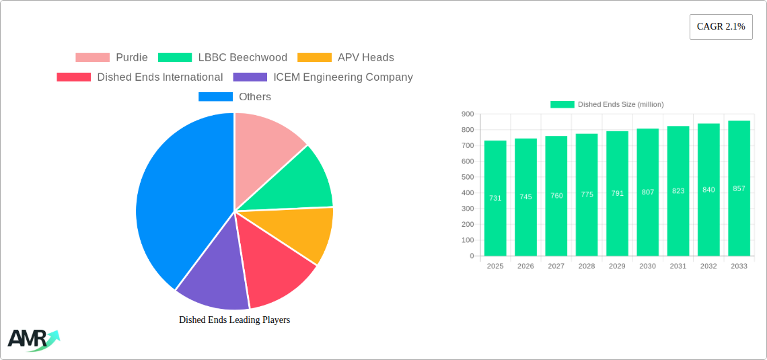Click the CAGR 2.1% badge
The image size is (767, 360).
pyautogui.click(x=721, y=27)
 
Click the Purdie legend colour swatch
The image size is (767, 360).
pyautogui.click(x=92, y=58)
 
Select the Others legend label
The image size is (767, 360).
pyautogui.click(x=255, y=97)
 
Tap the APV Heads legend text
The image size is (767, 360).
pyautogui.click(x=366, y=58)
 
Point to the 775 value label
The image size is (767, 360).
pyautogui.click(x=587, y=194)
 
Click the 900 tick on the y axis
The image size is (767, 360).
pyautogui.click(x=468, y=114)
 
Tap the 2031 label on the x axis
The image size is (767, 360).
pyautogui.click(x=678, y=266)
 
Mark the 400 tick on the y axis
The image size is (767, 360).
pyautogui.click(x=468, y=193)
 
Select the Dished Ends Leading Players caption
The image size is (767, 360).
pyautogui.click(x=234, y=320)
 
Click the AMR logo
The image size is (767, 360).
pyautogui.click(x=32, y=340)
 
